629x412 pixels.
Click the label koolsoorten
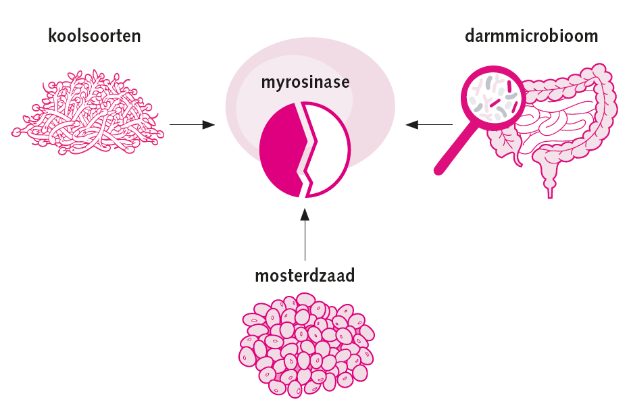(95, 36)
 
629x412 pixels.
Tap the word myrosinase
(305, 83)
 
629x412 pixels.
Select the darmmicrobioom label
(531, 36)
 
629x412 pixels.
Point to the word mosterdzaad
(305, 276)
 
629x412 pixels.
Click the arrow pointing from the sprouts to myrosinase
(192, 124)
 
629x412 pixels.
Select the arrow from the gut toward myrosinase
(429, 124)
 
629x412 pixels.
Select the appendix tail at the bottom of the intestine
(549, 185)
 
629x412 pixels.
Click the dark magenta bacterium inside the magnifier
(498, 103)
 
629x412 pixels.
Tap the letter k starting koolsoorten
(53, 36)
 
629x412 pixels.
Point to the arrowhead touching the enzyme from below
(305, 214)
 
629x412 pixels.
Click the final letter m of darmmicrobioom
(590, 36)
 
